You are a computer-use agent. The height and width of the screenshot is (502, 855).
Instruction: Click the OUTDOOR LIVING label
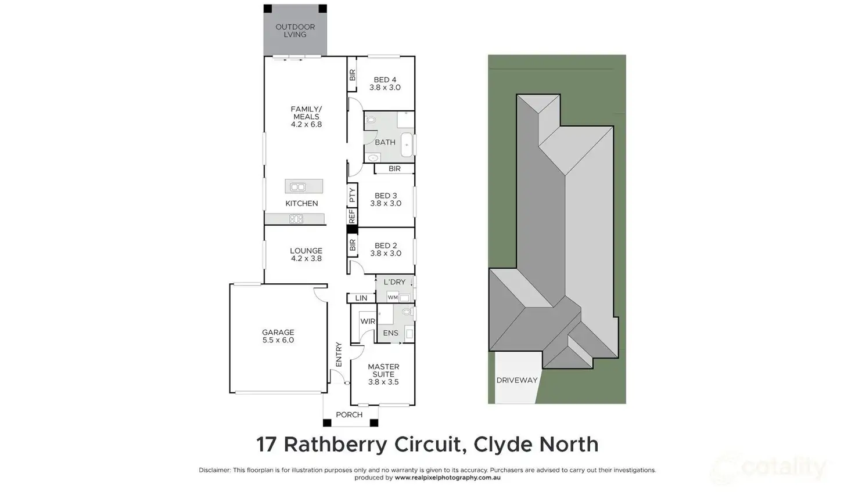coord(295,31)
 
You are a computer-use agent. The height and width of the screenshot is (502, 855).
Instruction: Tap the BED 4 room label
coord(385,84)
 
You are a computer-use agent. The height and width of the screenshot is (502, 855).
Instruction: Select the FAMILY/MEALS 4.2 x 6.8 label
coord(306,117)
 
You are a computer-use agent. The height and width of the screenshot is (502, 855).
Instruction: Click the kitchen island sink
coord(298,187)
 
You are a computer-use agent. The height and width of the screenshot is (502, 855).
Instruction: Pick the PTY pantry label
coord(352,195)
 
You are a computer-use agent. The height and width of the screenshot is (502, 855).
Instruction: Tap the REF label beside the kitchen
coord(352,216)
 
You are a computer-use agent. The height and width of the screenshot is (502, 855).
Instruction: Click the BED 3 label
coord(386,200)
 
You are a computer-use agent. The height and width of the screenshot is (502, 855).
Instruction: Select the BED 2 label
coord(386,250)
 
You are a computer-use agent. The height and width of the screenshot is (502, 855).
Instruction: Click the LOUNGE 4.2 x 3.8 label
coord(306,255)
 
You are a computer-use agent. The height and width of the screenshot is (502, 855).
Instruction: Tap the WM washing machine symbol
coord(393,298)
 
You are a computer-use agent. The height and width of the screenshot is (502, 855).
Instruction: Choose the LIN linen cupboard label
coord(361,298)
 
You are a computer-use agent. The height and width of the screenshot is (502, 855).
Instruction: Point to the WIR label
coord(368,322)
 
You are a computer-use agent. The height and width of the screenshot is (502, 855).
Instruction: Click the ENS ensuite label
coord(391,333)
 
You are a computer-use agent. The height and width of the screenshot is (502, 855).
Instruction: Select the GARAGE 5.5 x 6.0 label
coord(278,337)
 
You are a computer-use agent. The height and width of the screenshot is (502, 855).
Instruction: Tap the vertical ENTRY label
coord(339,354)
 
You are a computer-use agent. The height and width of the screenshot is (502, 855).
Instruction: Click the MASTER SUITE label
coord(383,374)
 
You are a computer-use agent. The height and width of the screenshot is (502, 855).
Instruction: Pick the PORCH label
coord(349,415)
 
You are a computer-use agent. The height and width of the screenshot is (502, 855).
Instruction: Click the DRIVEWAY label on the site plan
coord(517,381)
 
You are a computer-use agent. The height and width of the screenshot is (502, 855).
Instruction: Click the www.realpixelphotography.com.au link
coord(447,478)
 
